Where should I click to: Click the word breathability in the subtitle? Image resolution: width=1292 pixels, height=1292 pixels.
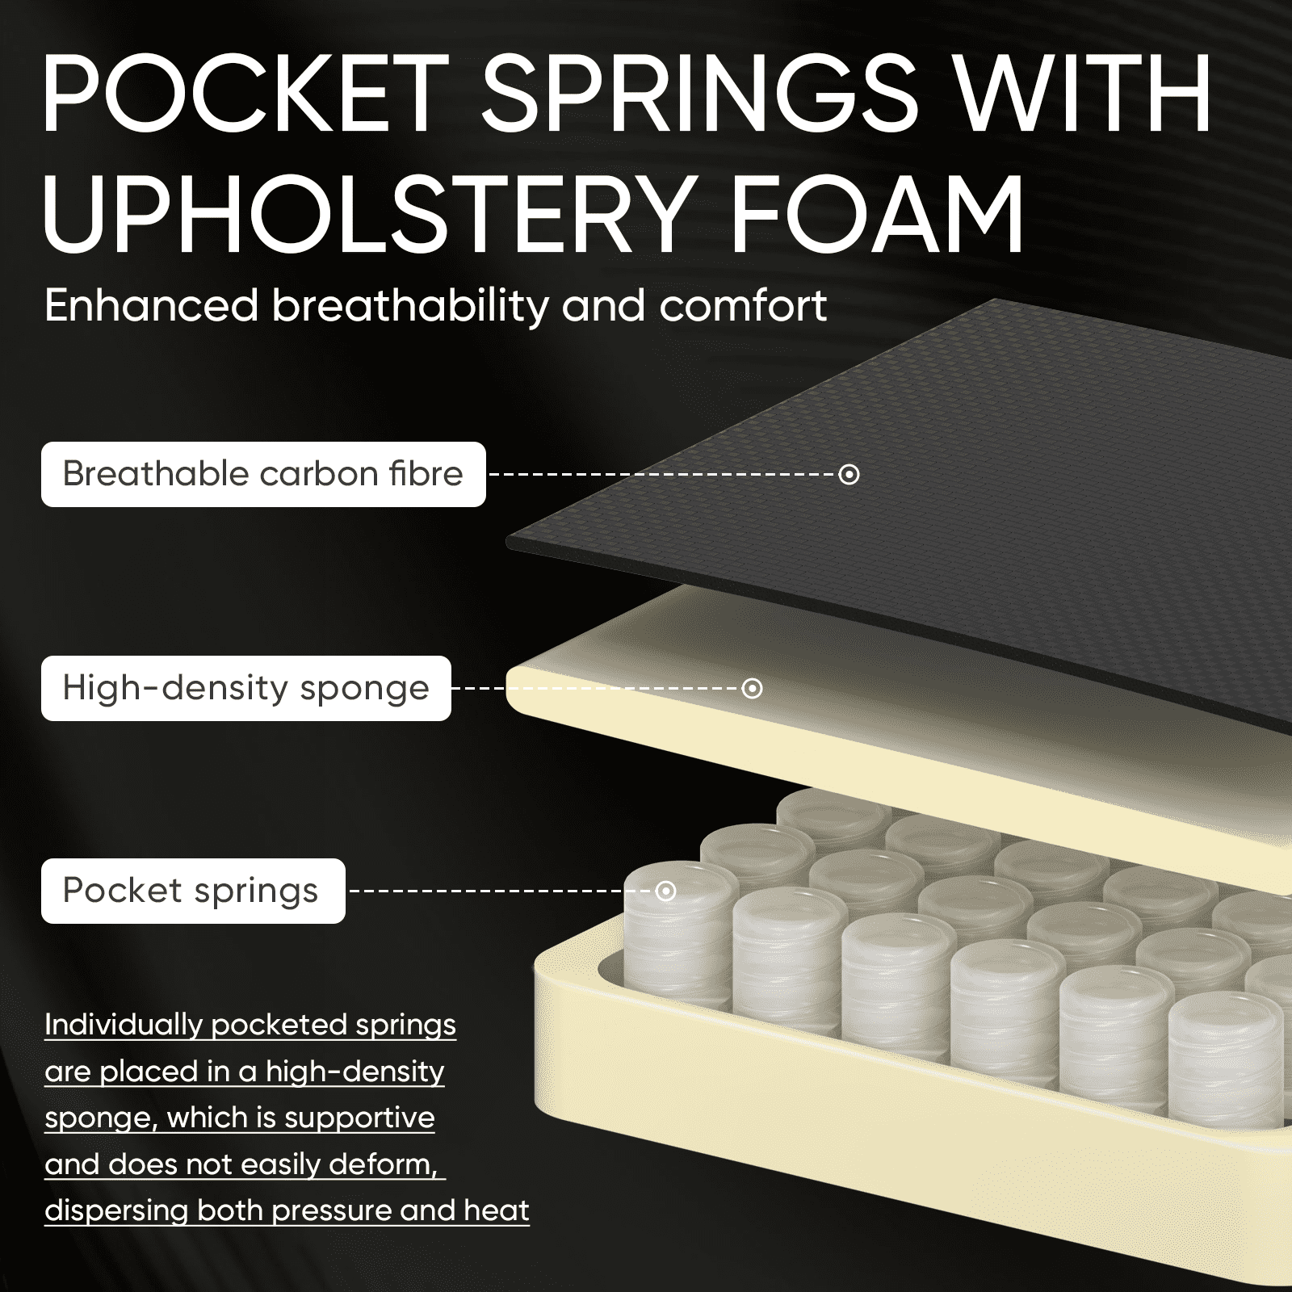coord(410,307)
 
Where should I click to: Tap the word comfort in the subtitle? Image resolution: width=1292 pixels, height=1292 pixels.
coord(743,307)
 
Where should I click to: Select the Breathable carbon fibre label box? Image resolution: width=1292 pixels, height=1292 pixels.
coord(263,474)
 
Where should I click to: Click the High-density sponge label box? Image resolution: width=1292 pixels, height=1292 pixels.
coord(246,688)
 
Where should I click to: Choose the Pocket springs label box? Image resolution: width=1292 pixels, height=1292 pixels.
coord(193,891)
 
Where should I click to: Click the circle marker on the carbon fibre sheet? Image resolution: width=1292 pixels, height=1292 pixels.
coord(849,474)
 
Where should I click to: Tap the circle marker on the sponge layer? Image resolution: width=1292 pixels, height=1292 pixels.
coord(752,688)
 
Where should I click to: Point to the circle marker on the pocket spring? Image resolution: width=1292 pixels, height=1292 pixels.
coord(665,891)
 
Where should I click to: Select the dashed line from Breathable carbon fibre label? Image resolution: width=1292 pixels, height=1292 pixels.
coord(664,474)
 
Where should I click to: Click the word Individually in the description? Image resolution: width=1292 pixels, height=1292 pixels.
coord(124,1026)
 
